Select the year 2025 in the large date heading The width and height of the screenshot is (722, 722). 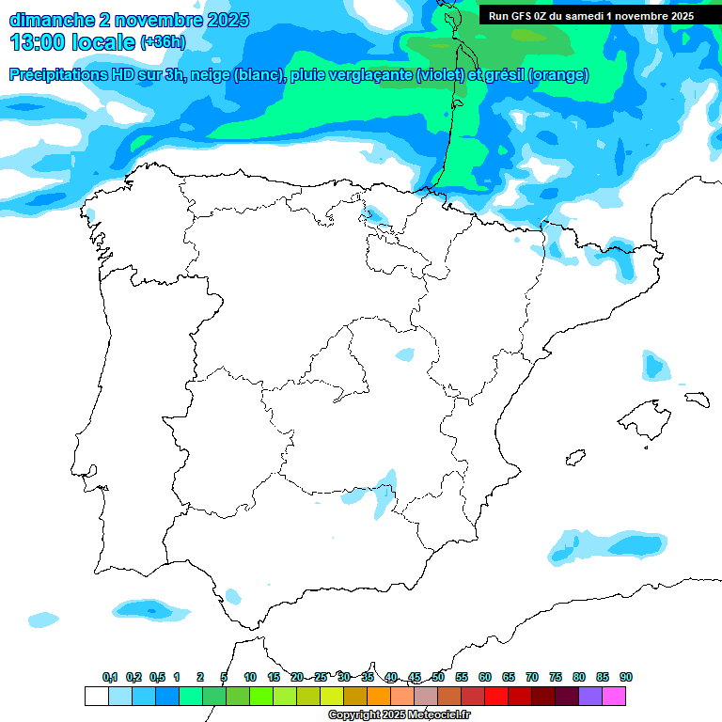(x=223, y=20)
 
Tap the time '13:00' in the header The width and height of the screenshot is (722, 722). (x=39, y=42)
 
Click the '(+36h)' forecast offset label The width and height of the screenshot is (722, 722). (x=163, y=42)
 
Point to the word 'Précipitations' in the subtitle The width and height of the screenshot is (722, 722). (x=57, y=75)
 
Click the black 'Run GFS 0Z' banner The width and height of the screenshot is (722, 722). (x=590, y=16)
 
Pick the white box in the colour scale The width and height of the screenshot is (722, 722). (x=96, y=696)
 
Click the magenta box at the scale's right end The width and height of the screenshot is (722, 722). (x=614, y=696)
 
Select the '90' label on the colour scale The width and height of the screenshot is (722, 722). (x=626, y=677)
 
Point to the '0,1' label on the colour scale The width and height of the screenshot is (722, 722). (x=109, y=677)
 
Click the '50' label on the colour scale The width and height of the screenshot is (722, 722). (x=438, y=677)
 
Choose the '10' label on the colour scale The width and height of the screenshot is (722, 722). (x=250, y=677)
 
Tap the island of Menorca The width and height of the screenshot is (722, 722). (x=697, y=399)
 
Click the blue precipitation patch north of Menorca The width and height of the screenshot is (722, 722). (x=656, y=366)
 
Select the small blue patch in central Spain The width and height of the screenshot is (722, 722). (x=404, y=354)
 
